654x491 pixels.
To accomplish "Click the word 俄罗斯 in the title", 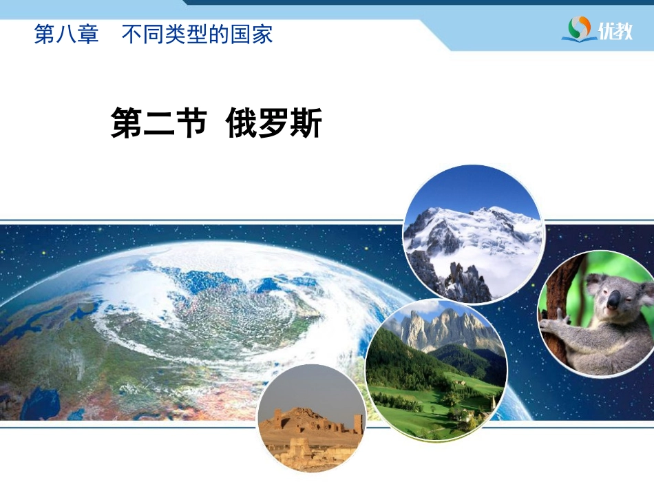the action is [x=273, y=123].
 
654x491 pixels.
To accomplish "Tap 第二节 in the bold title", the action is [x=159, y=123].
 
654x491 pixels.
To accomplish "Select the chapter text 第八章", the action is [x=66, y=34].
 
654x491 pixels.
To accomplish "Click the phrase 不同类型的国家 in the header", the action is [x=198, y=34].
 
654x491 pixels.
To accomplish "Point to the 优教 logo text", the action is [x=615, y=30].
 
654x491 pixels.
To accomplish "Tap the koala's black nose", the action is [x=613, y=299].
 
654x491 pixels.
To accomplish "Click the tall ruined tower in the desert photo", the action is [x=358, y=424].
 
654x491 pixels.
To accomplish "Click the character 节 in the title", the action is [x=191, y=123].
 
